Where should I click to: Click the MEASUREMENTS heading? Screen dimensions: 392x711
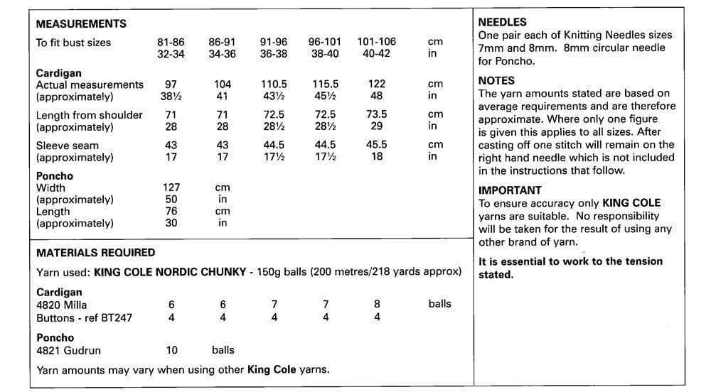[81, 23]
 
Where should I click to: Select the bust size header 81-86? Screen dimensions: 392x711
[171, 42]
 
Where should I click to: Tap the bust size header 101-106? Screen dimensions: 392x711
[377, 42]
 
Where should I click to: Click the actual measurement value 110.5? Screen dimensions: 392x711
[274, 85]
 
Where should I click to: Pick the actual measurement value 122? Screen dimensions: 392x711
[377, 85]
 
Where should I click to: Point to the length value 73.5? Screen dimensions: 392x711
[377, 114]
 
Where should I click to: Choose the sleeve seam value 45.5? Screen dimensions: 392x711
[377, 145]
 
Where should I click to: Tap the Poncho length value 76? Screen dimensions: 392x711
[171, 212]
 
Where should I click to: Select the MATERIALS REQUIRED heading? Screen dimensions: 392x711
[95, 252]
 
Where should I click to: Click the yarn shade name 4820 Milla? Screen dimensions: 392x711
[62, 305]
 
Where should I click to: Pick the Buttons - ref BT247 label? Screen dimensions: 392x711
[84, 317]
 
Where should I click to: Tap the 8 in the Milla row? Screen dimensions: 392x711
[377, 305]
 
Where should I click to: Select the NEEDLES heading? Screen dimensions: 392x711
[503, 22]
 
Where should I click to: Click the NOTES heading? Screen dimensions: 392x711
[496, 80]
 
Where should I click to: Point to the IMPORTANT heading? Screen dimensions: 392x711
[510, 190]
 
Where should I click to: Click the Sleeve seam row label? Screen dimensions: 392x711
[68, 145]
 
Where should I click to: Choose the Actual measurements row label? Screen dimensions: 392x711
[90, 85]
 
